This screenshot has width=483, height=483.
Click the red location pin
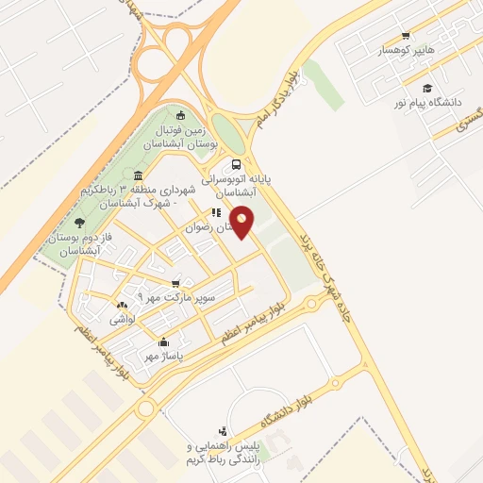coord(243,222)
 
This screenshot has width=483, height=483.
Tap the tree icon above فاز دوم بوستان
coord(78,223)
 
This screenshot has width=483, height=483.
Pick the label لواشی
coord(124,320)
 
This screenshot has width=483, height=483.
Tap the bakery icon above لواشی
coord(121,306)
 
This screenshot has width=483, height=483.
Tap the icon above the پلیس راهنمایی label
coord(222,430)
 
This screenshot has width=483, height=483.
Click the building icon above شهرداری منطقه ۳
coord(139,175)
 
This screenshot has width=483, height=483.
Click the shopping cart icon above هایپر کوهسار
coord(406,36)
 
